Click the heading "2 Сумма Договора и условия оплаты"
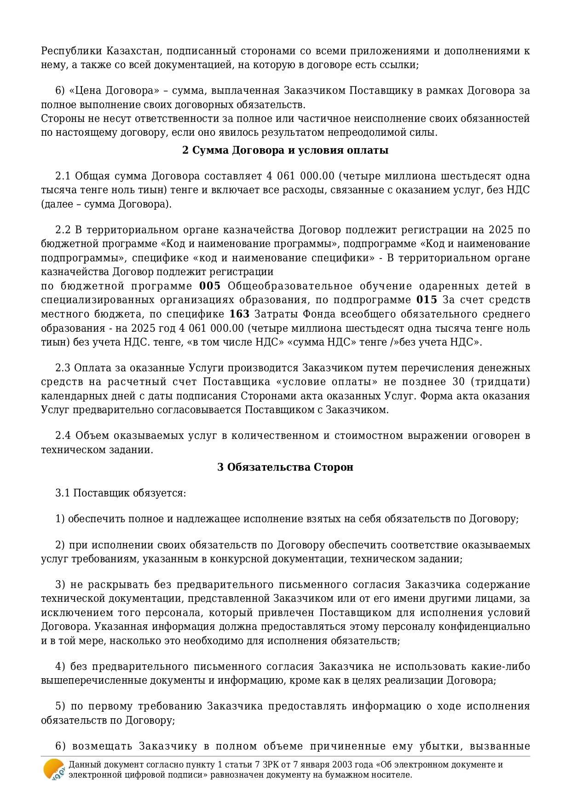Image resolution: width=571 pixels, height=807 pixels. [285, 150]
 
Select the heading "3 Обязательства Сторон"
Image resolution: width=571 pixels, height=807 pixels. [285, 467]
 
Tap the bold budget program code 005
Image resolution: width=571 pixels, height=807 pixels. [210, 286]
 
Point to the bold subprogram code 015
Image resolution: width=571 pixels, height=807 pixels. [427, 300]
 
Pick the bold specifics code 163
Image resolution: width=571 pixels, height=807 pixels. [239, 314]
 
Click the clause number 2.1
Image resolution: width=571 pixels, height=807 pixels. [63, 176]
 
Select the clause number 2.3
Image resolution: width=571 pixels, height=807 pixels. [63, 368]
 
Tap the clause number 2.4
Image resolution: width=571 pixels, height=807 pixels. [63, 435]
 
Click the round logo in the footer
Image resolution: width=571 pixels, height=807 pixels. [54, 769]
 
